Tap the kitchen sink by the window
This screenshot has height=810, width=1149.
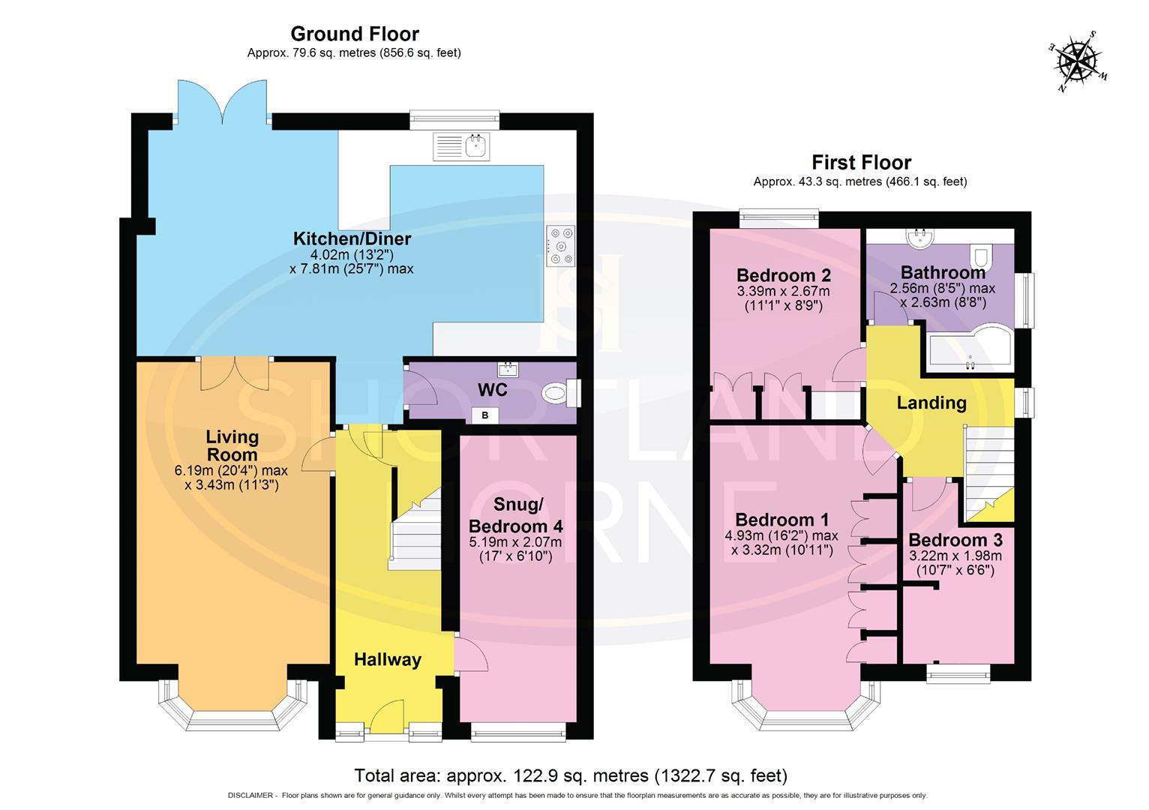[x=461, y=146]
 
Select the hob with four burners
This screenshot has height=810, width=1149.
[x=561, y=245]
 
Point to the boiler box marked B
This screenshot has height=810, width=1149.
[x=484, y=415]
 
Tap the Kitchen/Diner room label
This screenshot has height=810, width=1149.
[x=352, y=239]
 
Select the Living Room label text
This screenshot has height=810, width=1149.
[x=232, y=445]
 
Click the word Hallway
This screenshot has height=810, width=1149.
[x=387, y=660]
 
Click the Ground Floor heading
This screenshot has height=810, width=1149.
[x=354, y=34]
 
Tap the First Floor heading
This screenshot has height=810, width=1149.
[x=861, y=163]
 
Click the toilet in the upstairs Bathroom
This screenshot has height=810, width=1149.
[x=981, y=257]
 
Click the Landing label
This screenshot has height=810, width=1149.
[x=931, y=403]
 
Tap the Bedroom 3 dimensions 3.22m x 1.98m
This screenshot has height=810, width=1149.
[x=955, y=556]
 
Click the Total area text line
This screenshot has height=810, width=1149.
[x=570, y=775]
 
